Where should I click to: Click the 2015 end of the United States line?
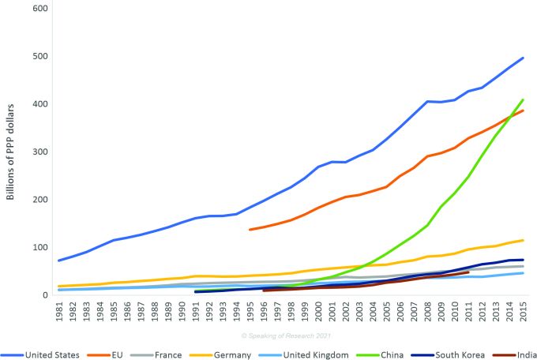pyautogui.click(x=522, y=58)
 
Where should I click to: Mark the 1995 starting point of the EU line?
pyautogui.click(x=250, y=230)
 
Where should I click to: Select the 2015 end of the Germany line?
pyautogui.click(x=522, y=240)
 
